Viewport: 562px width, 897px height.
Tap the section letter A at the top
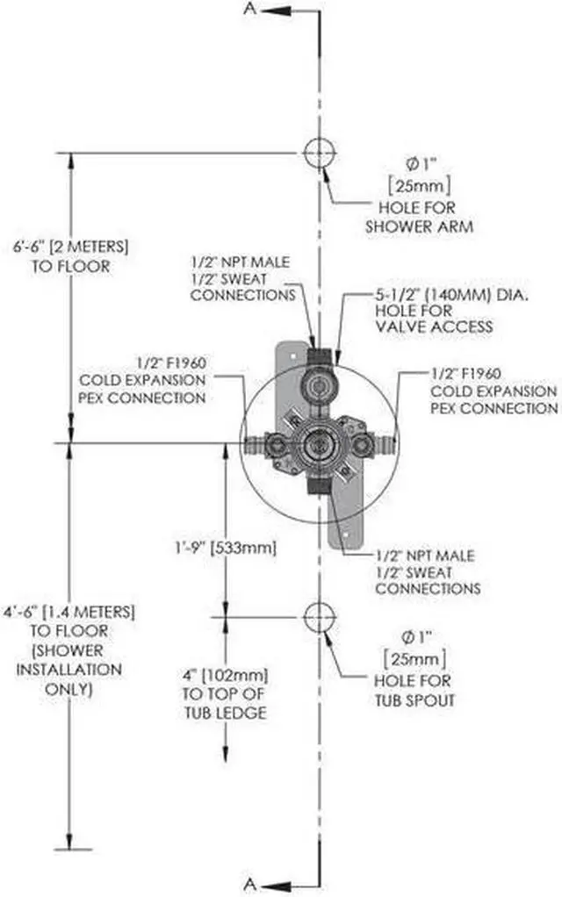coord(249,9)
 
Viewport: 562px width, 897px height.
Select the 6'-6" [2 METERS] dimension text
coord(71,248)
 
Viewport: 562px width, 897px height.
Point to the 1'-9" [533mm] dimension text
coord(225,548)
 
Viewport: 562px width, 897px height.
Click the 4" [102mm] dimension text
coord(225,675)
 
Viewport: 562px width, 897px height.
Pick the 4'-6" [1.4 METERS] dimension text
coord(69,612)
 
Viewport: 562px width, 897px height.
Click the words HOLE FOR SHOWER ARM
coord(419,217)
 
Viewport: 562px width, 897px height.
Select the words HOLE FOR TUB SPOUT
coord(414,691)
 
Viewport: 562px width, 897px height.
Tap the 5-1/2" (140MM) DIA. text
coord(452,295)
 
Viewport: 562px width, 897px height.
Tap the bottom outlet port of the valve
coord(319,485)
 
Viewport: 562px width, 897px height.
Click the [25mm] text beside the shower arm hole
coord(420,185)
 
